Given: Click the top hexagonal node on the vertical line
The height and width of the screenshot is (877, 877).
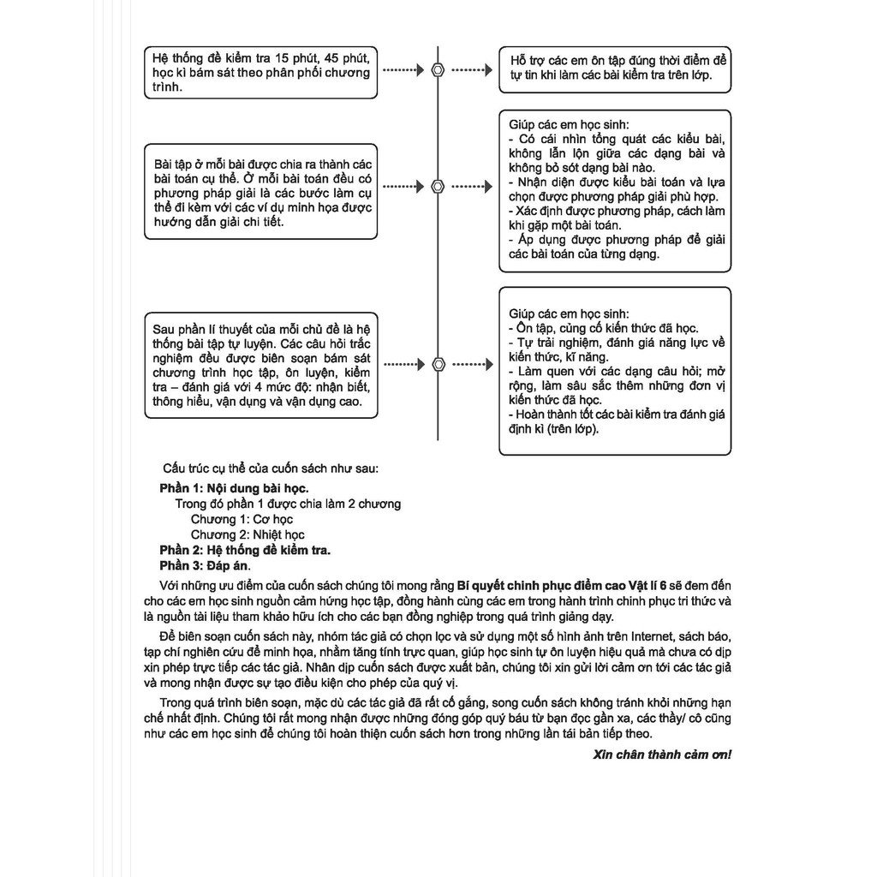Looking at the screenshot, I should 438,70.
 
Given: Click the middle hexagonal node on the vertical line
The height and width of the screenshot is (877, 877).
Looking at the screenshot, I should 438,186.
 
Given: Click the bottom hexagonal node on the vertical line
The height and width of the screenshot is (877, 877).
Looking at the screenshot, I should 438,364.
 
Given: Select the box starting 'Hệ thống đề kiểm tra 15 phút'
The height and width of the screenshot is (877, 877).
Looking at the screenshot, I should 260,73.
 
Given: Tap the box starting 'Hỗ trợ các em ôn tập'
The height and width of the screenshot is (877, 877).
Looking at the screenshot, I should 615,69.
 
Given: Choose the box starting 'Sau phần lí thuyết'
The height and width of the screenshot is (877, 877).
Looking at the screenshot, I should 260,365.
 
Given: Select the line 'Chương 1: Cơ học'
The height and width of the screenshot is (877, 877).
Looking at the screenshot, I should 242,519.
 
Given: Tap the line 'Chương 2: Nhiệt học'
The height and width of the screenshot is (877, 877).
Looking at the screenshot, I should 248,534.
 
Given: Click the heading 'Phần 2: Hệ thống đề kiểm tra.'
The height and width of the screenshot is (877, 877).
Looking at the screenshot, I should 245,550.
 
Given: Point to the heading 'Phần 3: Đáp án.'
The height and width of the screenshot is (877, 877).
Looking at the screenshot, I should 206,565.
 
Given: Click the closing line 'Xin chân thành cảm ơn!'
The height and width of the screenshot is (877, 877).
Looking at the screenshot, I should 662,755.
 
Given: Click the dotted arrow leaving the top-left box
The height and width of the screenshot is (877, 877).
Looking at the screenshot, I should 403,70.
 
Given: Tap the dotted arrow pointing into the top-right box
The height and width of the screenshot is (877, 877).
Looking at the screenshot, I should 471,70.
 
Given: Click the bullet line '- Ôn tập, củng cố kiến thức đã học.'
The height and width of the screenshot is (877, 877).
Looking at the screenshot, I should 603,328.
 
